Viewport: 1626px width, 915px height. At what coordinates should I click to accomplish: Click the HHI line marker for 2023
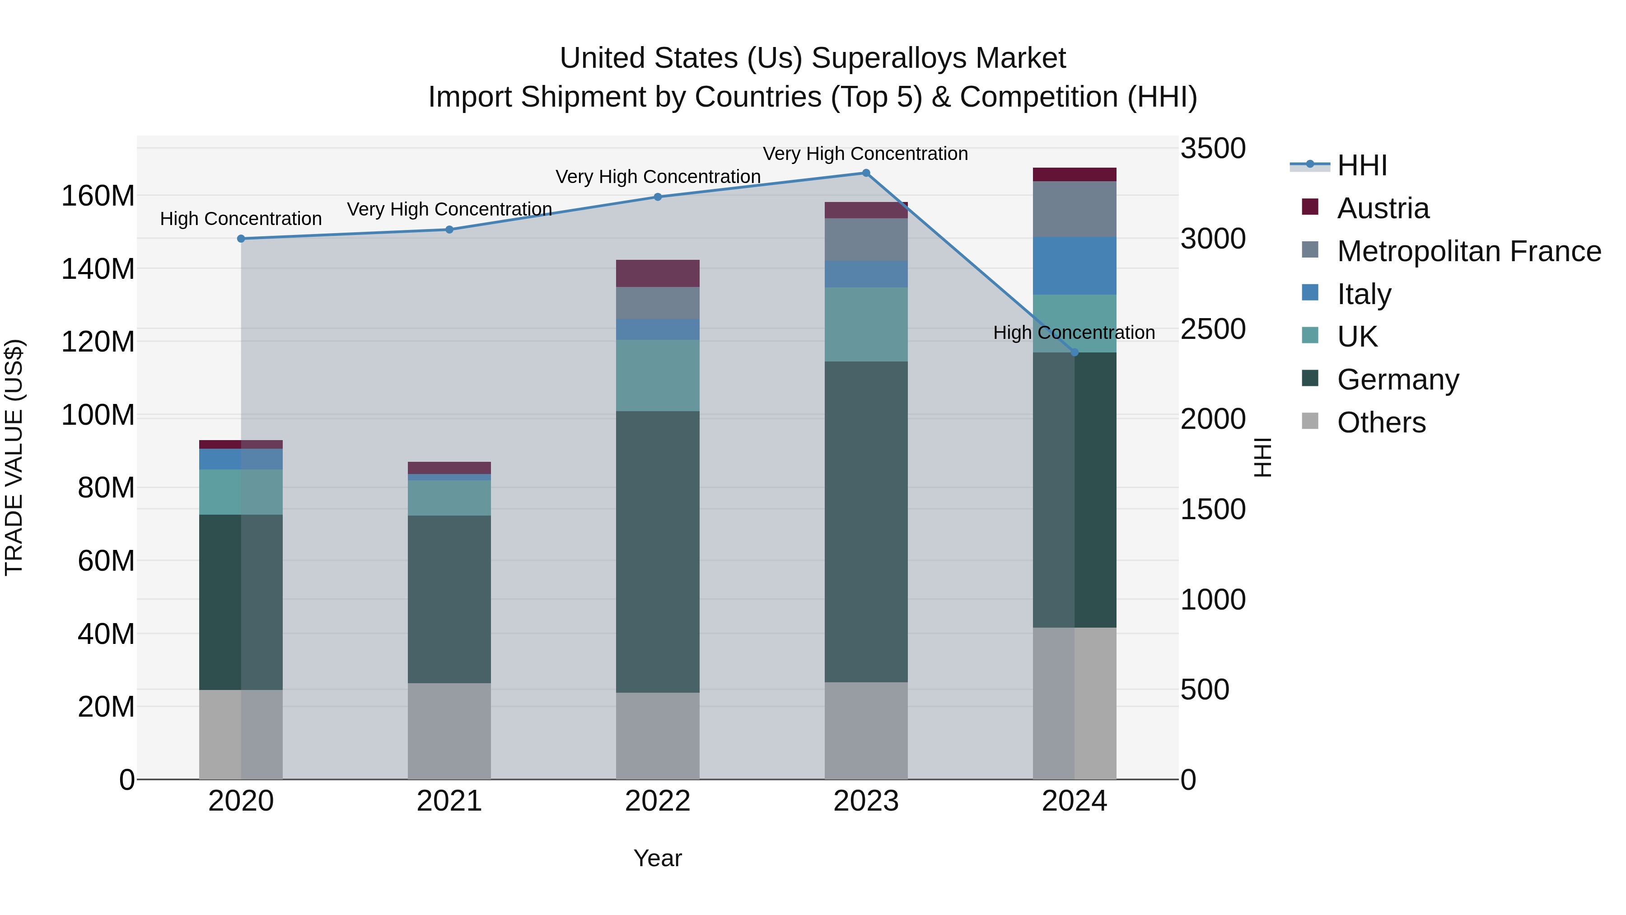tap(866, 173)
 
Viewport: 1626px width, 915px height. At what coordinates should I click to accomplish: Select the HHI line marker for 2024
tap(1075, 352)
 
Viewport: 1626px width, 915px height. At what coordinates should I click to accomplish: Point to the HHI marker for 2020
tap(241, 239)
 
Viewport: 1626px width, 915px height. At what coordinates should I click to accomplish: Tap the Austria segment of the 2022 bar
tap(658, 273)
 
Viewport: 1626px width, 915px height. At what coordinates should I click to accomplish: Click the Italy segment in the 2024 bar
tap(1075, 266)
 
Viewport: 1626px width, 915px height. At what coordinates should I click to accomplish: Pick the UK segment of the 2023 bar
tap(866, 324)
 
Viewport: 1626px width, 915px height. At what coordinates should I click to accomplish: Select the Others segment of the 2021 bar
tap(449, 731)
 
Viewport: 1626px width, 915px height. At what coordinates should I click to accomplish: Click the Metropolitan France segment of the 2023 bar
tap(866, 239)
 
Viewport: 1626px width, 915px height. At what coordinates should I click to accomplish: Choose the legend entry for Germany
tap(1397, 380)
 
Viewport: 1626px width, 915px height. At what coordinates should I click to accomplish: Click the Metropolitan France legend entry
tap(1468, 251)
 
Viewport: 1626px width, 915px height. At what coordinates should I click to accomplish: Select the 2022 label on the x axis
tap(658, 801)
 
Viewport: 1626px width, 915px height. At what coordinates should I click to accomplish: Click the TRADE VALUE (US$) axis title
tap(14, 457)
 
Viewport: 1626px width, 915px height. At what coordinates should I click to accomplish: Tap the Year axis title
tap(658, 858)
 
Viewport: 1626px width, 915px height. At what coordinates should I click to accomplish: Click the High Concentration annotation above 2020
tap(241, 219)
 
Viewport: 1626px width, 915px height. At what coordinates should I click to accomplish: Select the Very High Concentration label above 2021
tap(449, 209)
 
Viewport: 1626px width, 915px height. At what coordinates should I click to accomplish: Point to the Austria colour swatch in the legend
tap(1310, 207)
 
